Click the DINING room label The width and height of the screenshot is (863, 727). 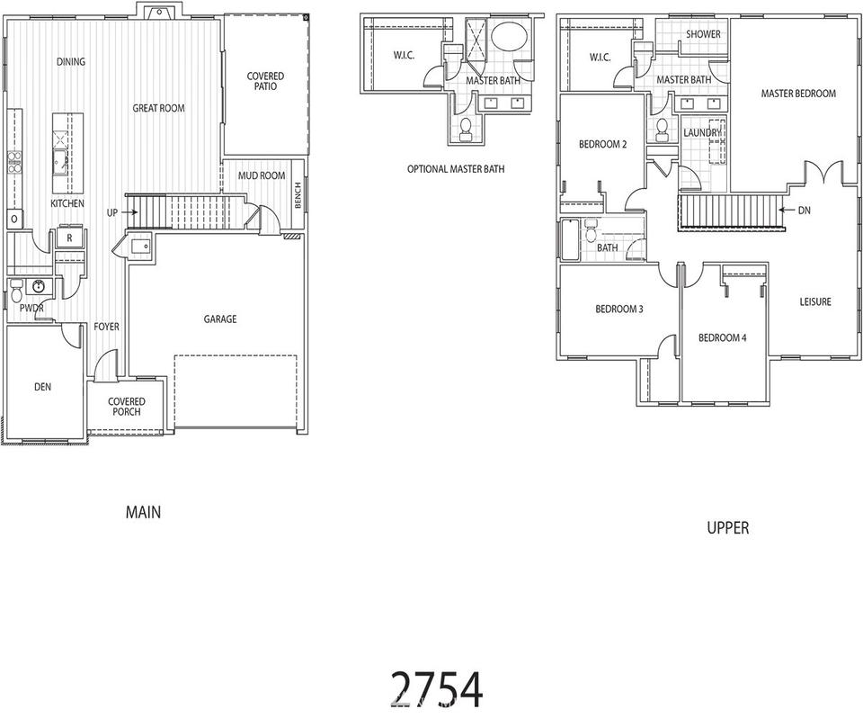click(x=71, y=62)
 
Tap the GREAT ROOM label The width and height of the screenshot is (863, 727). click(x=158, y=108)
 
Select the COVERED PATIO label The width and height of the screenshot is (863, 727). click(x=265, y=81)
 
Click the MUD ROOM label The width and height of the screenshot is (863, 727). click(x=262, y=175)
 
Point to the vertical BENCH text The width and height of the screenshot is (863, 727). click(x=298, y=195)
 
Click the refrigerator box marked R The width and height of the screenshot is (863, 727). click(x=70, y=238)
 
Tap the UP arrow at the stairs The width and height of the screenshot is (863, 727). click(x=130, y=212)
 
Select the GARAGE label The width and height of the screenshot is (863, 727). click(x=220, y=319)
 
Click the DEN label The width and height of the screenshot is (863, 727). click(x=42, y=387)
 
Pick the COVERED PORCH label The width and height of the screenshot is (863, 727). click(x=127, y=407)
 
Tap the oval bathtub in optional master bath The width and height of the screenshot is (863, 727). click(x=509, y=36)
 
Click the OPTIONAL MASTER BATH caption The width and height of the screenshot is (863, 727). click(x=456, y=169)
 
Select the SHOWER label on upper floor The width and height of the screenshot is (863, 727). click(x=703, y=34)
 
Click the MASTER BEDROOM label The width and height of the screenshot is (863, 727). click(x=798, y=94)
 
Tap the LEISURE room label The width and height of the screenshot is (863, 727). click(x=815, y=301)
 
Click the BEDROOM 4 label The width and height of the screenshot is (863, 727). click(x=722, y=337)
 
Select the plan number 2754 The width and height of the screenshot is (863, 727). click(x=437, y=689)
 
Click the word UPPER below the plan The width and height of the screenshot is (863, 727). click(x=727, y=528)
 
